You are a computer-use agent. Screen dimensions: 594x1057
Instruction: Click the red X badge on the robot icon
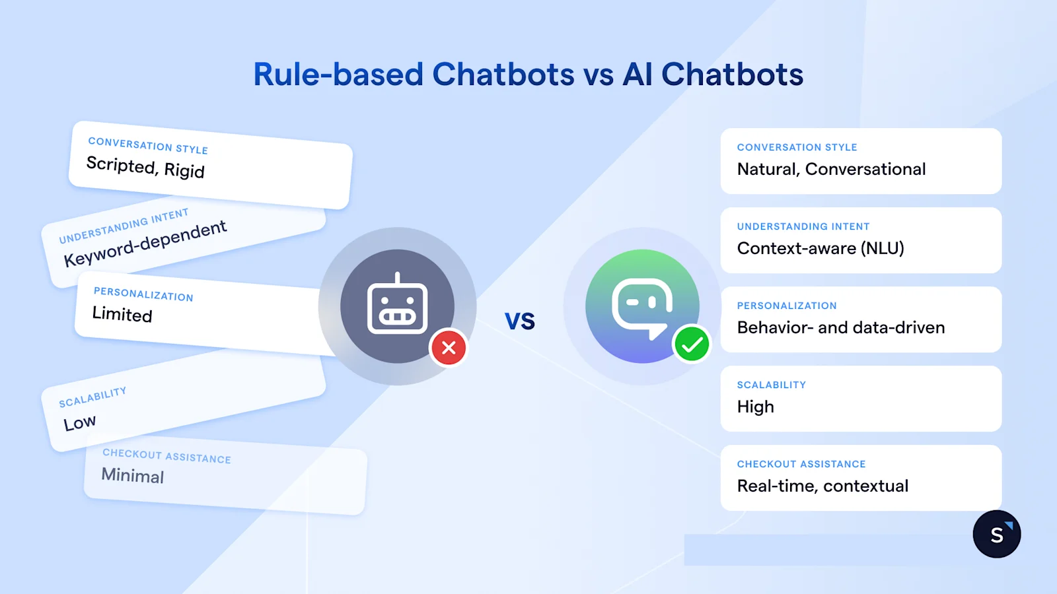[449, 348]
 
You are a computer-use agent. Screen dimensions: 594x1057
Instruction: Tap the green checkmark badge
[692, 345]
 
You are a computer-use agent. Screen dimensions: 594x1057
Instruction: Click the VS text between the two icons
[520, 321]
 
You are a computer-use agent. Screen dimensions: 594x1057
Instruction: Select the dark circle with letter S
[997, 534]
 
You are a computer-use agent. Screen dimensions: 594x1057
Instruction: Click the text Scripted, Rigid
[145, 167]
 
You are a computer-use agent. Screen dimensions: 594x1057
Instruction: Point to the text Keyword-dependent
[145, 244]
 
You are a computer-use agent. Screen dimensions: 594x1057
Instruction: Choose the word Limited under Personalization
[122, 314]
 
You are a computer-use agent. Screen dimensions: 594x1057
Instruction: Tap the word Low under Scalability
[80, 422]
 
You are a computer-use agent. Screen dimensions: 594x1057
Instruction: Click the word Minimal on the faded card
[133, 475]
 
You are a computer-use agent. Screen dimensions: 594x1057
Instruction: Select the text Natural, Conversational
[831, 170]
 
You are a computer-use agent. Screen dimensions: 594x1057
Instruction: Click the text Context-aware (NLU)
[820, 249]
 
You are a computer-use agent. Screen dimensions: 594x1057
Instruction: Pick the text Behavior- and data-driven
[841, 328]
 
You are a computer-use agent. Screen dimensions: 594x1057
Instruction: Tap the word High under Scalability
[756, 407]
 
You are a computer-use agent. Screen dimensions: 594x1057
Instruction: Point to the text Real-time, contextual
[822, 486]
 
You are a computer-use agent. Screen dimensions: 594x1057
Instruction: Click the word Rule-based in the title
[338, 75]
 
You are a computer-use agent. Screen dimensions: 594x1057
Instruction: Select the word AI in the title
[638, 75]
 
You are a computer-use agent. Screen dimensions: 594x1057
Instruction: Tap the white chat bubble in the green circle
[641, 306]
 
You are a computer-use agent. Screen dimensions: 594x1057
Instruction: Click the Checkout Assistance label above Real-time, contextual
[801, 464]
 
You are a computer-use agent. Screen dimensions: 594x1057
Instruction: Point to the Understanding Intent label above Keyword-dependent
[124, 226]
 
